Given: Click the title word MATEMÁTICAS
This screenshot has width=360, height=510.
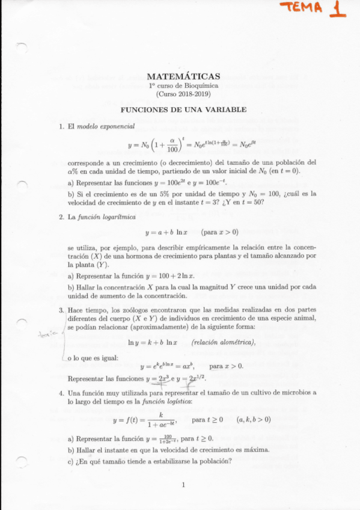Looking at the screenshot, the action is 183,76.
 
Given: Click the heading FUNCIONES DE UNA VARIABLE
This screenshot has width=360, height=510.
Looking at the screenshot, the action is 183,110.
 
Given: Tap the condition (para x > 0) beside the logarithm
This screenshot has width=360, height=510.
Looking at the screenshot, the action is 219,232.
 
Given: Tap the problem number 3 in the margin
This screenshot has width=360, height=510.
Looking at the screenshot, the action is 61,310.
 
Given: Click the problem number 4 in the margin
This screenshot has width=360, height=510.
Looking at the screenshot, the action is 61,392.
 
